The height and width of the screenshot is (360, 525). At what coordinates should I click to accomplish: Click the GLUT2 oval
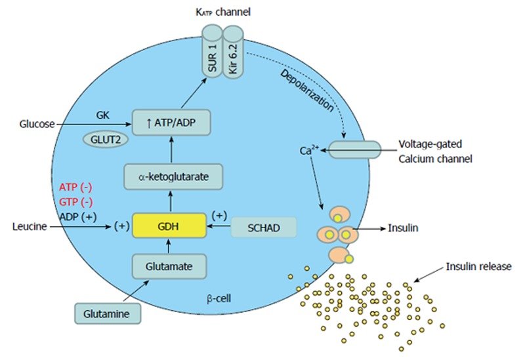tap(104, 138)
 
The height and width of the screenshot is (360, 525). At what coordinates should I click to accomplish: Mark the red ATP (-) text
tap(75, 187)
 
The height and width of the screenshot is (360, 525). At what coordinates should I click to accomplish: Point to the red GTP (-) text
tap(75, 201)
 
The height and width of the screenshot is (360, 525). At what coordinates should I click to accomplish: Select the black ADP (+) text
tap(75, 214)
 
